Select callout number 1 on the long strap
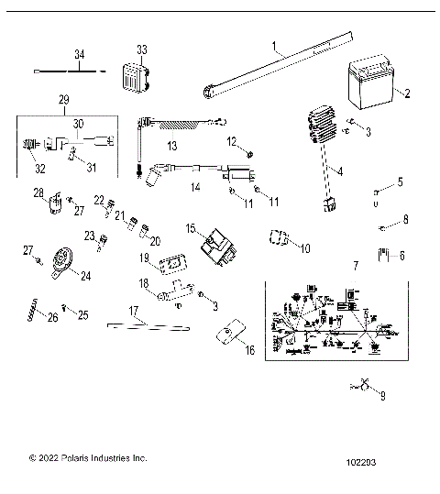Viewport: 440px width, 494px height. point(274,44)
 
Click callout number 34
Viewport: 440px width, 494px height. point(79,54)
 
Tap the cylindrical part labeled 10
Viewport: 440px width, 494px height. point(276,240)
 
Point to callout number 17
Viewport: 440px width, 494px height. point(134,311)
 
